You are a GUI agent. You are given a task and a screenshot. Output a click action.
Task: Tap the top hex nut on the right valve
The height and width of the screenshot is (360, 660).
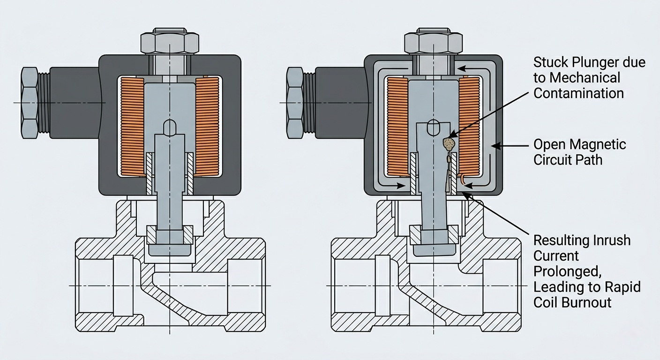pos(433,43)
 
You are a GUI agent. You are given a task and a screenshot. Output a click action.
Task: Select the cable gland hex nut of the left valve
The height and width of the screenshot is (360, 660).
pos(30,103)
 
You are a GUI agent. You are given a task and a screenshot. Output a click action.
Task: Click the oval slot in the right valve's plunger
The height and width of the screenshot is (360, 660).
pos(434,128)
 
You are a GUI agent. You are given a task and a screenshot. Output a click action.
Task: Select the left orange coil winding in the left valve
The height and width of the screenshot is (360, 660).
pos(132,127)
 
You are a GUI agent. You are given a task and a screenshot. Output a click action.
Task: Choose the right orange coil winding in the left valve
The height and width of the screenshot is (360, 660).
pos(207,127)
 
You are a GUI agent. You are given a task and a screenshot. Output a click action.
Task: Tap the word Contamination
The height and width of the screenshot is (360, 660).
pos(578,93)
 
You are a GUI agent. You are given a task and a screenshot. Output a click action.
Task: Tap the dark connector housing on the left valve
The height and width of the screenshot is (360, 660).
pos(75,103)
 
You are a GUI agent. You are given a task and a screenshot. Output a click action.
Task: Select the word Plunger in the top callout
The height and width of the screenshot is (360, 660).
pos(594,62)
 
